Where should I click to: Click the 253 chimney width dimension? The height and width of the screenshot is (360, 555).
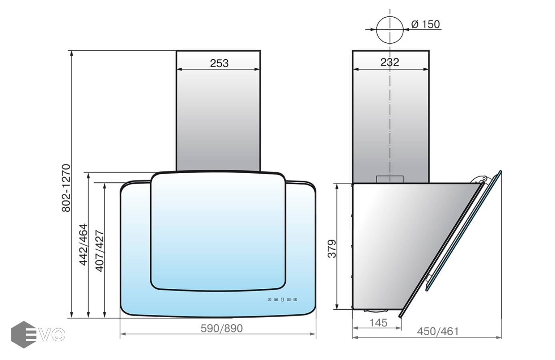click(219, 63)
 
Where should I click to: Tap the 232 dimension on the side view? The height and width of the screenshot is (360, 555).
click(390, 62)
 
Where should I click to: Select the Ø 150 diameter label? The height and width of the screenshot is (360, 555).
click(425, 24)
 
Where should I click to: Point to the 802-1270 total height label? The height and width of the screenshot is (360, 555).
click(66, 188)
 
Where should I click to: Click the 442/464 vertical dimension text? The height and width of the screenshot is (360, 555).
click(84, 244)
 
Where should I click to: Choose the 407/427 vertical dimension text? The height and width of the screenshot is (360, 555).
click(100, 251)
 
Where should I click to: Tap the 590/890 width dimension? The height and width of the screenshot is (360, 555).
click(222, 328)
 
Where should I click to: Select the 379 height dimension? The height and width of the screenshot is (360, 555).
click(332, 249)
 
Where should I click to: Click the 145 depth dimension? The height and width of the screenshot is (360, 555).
click(378, 322)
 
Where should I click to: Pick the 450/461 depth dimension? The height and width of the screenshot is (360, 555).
click(438, 331)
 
